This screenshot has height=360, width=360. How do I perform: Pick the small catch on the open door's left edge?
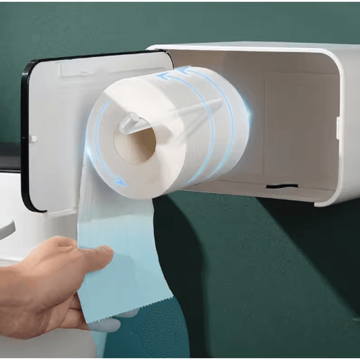[x=33, y=139]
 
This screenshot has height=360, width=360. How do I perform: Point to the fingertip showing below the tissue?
[x=106, y=326]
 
